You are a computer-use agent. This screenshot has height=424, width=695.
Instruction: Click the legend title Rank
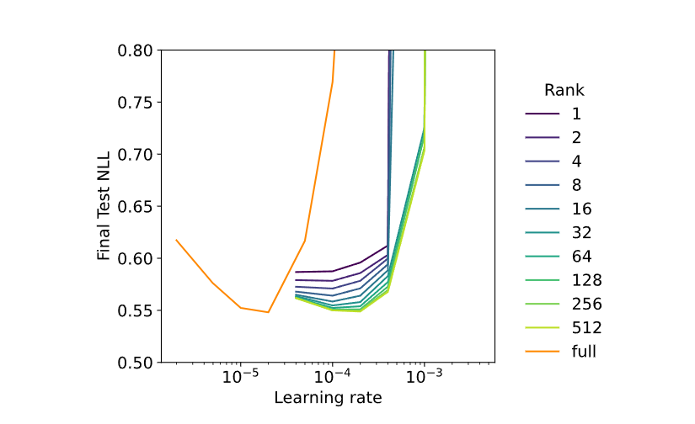tap(564, 90)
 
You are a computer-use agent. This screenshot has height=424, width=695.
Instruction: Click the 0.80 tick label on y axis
tap(135, 51)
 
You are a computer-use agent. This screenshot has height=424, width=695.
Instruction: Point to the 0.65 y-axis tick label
tap(135, 207)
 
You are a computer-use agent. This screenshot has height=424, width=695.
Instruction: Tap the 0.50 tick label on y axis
tap(135, 363)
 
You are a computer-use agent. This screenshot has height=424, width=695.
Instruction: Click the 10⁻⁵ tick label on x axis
tap(240, 377)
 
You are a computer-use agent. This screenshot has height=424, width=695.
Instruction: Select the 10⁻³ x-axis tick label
tap(425, 377)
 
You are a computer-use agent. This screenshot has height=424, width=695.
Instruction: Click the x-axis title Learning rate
tap(328, 397)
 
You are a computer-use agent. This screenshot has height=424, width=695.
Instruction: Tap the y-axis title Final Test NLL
tap(104, 206)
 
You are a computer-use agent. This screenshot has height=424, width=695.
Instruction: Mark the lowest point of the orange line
tap(268, 312)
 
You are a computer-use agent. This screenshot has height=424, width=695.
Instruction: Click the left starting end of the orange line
tap(176, 240)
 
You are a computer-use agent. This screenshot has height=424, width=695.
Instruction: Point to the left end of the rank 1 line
tap(296, 272)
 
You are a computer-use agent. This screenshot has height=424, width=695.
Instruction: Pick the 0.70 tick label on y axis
tap(135, 155)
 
